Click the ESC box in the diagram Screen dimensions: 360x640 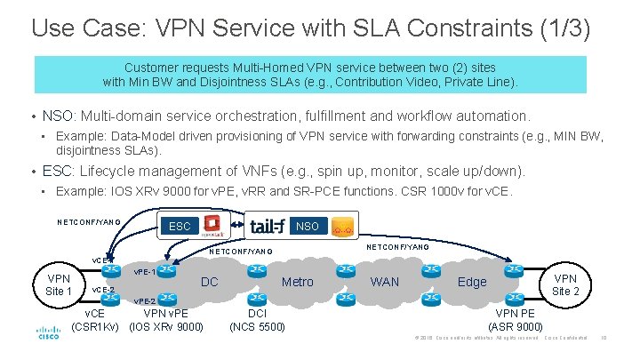[x=180, y=226]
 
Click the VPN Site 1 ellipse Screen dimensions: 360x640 [x=59, y=284]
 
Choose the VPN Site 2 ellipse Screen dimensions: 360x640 [x=565, y=284]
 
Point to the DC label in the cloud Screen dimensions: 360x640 [x=210, y=282]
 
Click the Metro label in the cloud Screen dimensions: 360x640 [x=297, y=282]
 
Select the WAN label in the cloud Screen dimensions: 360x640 [x=385, y=282]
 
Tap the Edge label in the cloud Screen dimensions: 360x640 [x=471, y=282]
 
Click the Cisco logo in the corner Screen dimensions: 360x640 [x=48, y=333]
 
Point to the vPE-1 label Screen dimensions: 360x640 [x=145, y=271]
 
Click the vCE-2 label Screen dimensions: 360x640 [x=104, y=290]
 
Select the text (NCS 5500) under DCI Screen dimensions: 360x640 [x=257, y=327]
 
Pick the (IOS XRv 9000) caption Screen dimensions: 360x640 [x=166, y=327]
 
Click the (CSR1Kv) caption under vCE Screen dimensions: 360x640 [x=95, y=327]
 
